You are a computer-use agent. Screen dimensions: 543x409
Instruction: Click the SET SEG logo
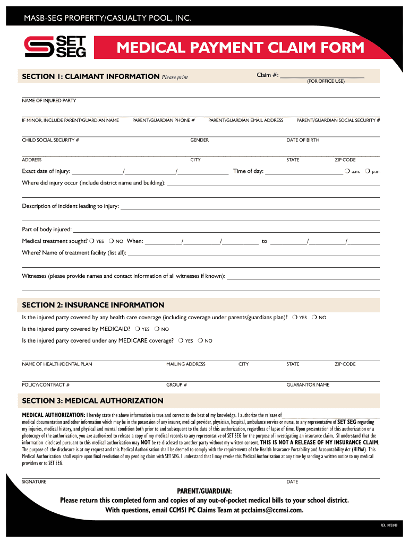pos(55,47)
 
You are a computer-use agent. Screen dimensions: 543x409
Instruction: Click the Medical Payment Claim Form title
pos(241,48)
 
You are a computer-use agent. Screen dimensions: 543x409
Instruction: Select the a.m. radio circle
pos(346,171)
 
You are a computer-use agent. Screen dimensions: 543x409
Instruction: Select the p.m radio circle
pos(367,171)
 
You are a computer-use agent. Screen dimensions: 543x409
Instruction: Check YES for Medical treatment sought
pos(92,241)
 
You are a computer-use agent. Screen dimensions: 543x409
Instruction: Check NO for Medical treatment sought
pos(112,241)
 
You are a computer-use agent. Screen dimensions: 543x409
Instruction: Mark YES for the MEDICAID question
pos(137,329)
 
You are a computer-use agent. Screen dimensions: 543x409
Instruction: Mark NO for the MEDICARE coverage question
pos(200,340)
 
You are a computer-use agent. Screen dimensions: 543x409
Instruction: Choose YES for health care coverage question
pos(295,317)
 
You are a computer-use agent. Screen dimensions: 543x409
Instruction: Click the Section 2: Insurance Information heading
pos(93,305)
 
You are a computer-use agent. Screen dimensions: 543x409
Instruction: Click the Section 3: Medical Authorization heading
pos(92,400)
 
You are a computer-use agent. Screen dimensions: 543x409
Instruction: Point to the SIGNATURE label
pos(34,482)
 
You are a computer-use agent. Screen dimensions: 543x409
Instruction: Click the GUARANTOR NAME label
pos(308,384)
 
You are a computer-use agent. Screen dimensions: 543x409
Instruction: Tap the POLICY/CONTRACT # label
pos(46,384)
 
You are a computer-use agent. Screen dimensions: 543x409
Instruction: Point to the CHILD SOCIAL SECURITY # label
pos(50,140)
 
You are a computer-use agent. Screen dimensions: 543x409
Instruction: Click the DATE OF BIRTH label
pos(303,140)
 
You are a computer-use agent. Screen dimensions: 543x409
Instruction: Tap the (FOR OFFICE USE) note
pos(326,82)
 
